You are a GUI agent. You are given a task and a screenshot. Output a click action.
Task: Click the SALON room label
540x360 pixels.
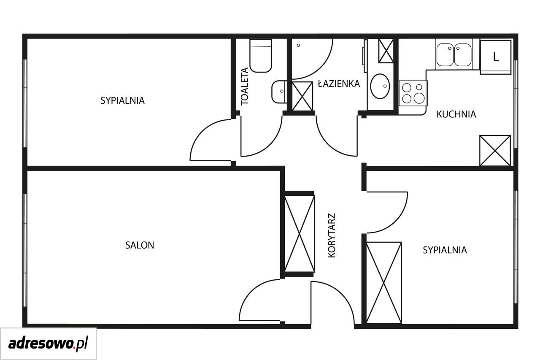point(140,245)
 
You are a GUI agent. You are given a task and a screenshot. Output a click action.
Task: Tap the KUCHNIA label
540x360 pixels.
point(456,114)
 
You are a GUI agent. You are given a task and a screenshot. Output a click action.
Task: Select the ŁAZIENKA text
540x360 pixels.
point(339,84)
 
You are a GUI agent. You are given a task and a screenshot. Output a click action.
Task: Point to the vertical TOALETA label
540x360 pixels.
point(244,86)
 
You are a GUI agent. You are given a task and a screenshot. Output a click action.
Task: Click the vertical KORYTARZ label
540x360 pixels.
point(332,235)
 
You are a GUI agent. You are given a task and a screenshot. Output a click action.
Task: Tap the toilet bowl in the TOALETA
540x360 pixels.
point(261,55)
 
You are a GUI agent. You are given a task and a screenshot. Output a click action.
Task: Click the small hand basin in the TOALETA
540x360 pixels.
point(279,92)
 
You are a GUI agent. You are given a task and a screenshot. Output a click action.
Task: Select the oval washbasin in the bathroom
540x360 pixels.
point(380,86)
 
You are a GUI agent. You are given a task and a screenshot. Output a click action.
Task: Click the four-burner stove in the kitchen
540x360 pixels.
point(413,93)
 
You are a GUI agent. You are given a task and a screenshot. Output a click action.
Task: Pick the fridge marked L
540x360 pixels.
point(495,57)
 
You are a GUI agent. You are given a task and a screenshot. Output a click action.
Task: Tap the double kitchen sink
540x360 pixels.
point(454,55)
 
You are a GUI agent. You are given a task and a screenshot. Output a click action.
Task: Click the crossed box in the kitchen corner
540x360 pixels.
point(495,151)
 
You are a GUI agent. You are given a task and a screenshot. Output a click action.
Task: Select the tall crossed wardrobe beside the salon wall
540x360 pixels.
point(300,234)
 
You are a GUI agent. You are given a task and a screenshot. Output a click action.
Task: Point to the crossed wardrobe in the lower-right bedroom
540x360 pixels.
point(384,283)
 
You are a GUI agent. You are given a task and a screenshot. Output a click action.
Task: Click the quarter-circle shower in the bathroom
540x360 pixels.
point(312,59)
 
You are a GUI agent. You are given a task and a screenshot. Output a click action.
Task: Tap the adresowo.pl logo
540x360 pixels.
point(48,344)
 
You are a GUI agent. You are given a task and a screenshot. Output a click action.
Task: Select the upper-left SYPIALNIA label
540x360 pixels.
point(122,100)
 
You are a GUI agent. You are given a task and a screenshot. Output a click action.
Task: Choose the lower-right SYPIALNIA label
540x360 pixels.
point(445,250)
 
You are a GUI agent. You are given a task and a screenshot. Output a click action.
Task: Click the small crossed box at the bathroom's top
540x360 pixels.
point(386,51)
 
